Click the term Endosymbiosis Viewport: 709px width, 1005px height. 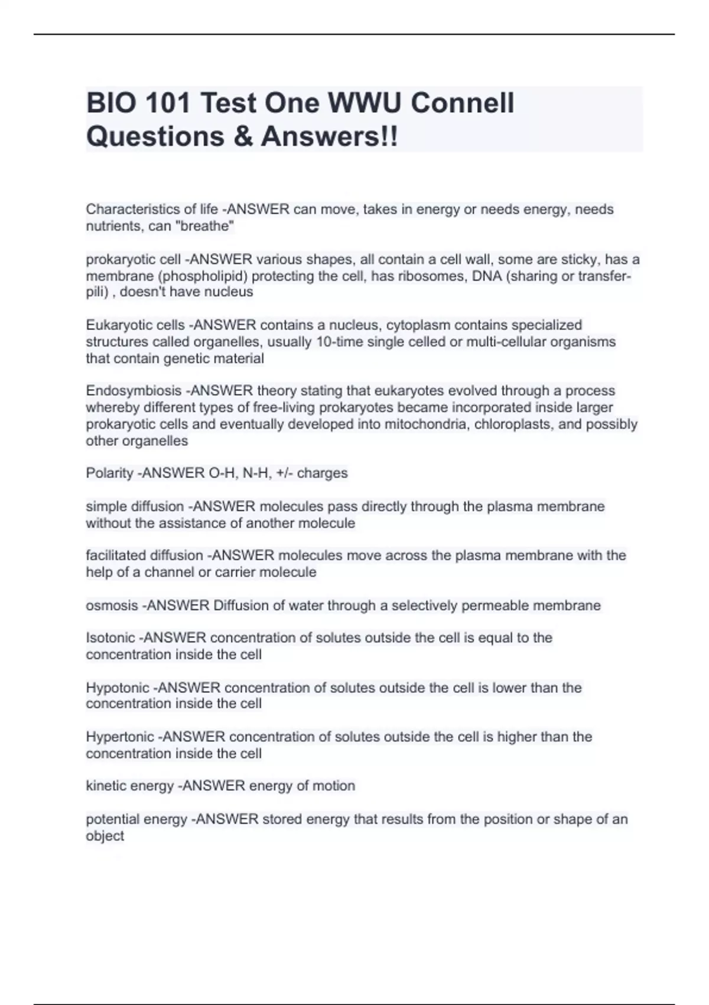click(134, 391)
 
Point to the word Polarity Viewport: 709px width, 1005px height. click(109, 473)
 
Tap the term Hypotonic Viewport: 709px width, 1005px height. click(118, 688)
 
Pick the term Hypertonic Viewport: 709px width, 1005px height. click(120, 737)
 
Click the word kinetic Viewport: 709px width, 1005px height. click(105, 786)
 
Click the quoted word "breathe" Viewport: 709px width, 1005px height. click(206, 226)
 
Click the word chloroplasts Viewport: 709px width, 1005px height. click(515, 424)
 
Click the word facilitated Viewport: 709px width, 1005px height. click(115, 555)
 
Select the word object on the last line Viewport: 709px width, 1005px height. click(105, 836)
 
